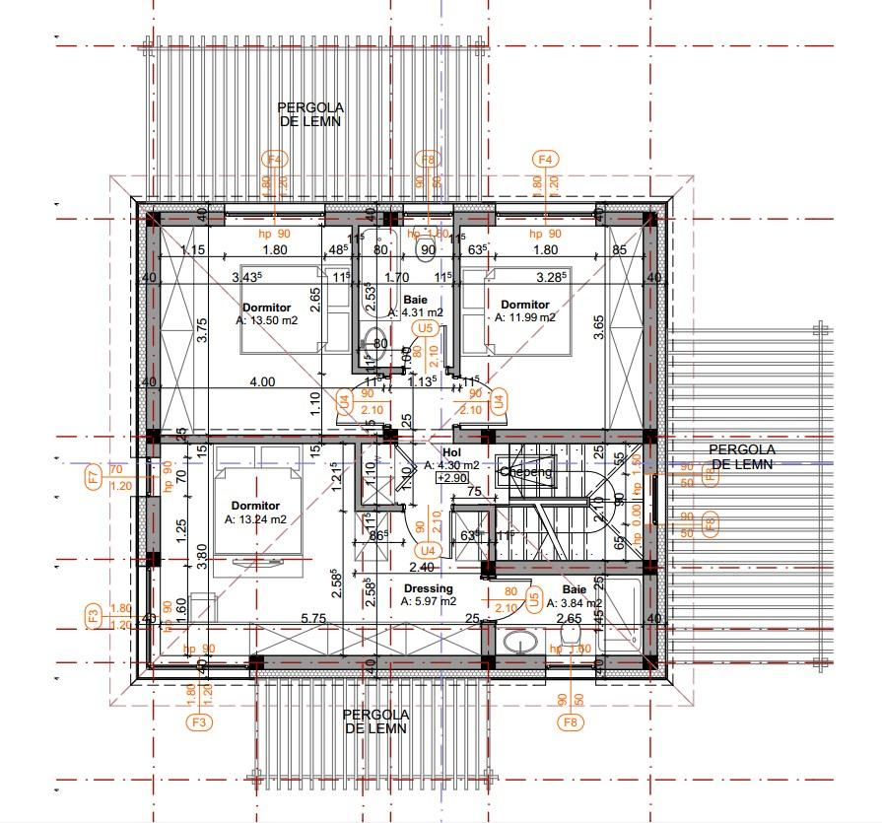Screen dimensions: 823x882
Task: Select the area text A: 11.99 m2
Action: [x=525, y=317]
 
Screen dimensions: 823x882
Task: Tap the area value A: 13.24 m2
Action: [x=255, y=519]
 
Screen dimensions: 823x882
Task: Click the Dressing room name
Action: [x=429, y=588]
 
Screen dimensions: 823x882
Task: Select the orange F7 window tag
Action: [x=93, y=477]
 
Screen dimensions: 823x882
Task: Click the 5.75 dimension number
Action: [x=313, y=618]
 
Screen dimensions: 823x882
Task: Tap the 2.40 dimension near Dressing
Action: [x=422, y=567]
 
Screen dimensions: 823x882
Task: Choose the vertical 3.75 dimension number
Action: [x=201, y=330]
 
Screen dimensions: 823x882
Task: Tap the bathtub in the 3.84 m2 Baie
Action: [x=622, y=615]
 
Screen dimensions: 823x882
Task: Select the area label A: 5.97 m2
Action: [x=429, y=601]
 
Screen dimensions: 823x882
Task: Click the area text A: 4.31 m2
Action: [x=415, y=312]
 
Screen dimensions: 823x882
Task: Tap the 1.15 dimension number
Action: [x=192, y=250]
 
